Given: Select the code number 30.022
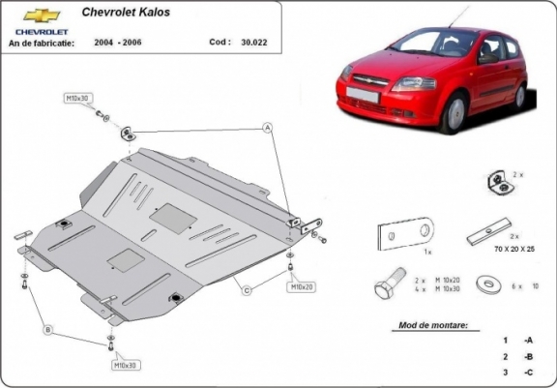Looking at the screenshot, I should tap(253, 43).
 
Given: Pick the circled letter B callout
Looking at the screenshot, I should tap(46, 330).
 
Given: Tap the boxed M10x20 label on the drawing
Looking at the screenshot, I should tap(300, 287).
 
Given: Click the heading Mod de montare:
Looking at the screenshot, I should tap(439, 326).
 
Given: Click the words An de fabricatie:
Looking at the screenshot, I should tap(42, 44).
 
